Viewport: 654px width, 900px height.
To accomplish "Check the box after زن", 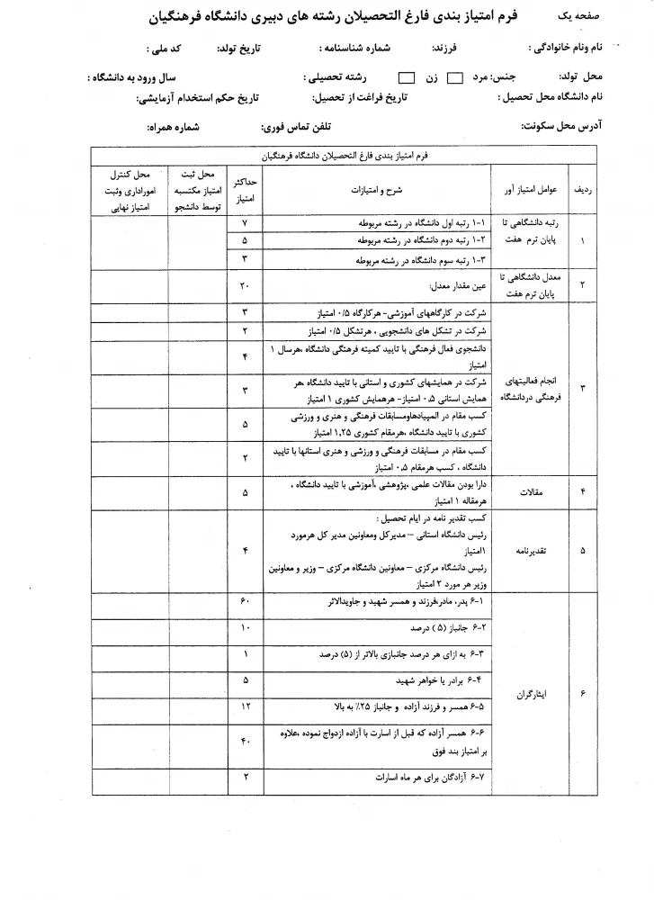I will coord(407,77).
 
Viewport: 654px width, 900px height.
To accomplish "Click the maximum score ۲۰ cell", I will coord(245,285).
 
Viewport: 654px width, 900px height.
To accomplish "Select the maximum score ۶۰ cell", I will coord(245,601).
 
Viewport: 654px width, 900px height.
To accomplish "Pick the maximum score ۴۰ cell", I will coord(245,742).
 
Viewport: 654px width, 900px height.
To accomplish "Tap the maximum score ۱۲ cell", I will coord(245,706).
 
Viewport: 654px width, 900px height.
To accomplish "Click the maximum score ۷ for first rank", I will coord(245,222).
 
